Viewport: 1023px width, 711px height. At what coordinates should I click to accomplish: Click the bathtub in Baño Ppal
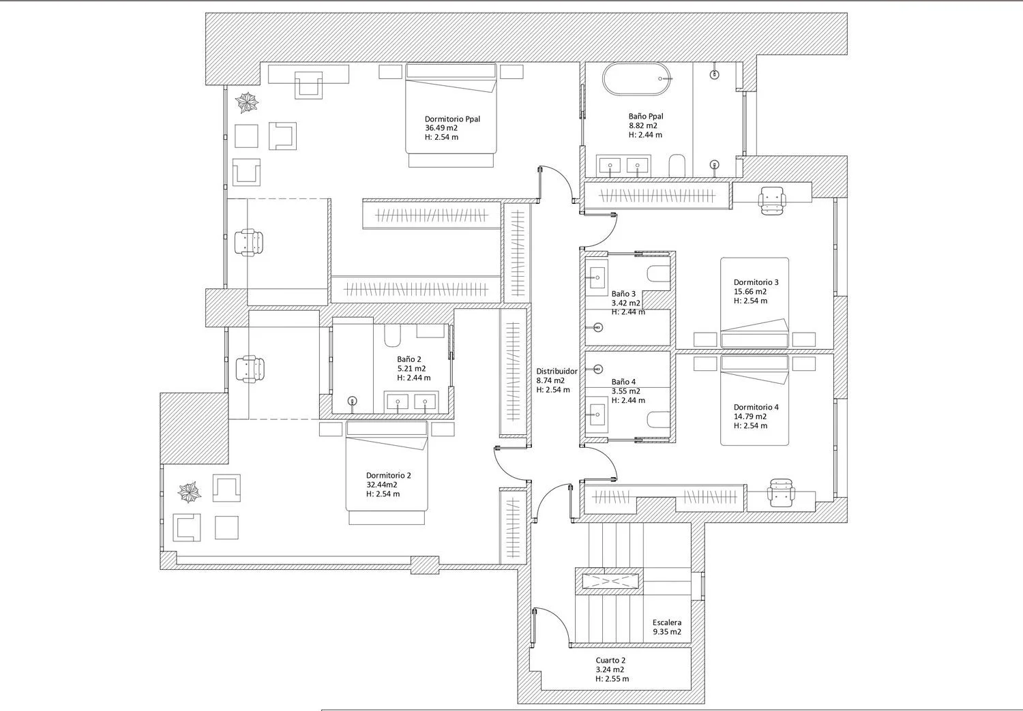(636, 78)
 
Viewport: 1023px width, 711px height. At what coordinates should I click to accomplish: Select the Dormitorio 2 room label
(388, 476)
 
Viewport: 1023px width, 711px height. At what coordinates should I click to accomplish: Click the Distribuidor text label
(557, 372)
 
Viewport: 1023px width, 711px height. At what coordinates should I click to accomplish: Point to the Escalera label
(667, 622)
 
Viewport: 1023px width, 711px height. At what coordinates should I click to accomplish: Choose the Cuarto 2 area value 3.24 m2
(610, 669)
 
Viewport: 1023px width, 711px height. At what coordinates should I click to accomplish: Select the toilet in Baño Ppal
(677, 165)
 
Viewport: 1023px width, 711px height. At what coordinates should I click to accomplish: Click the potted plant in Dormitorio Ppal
(247, 103)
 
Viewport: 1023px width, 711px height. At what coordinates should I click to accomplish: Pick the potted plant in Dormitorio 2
(190, 492)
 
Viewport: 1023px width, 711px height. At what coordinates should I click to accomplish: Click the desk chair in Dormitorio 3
(772, 200)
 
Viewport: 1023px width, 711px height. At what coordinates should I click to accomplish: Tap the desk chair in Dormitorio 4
(781, 493)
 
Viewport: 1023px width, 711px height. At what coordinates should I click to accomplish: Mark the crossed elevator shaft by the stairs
(610, 581)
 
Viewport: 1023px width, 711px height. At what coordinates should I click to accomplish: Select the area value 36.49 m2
(441, 128)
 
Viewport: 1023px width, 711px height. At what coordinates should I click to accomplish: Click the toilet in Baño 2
(392, 335)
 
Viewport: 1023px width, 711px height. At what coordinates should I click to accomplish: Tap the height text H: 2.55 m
(612, 678)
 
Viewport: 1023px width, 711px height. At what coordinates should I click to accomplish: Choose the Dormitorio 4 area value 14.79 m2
(750, 417)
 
